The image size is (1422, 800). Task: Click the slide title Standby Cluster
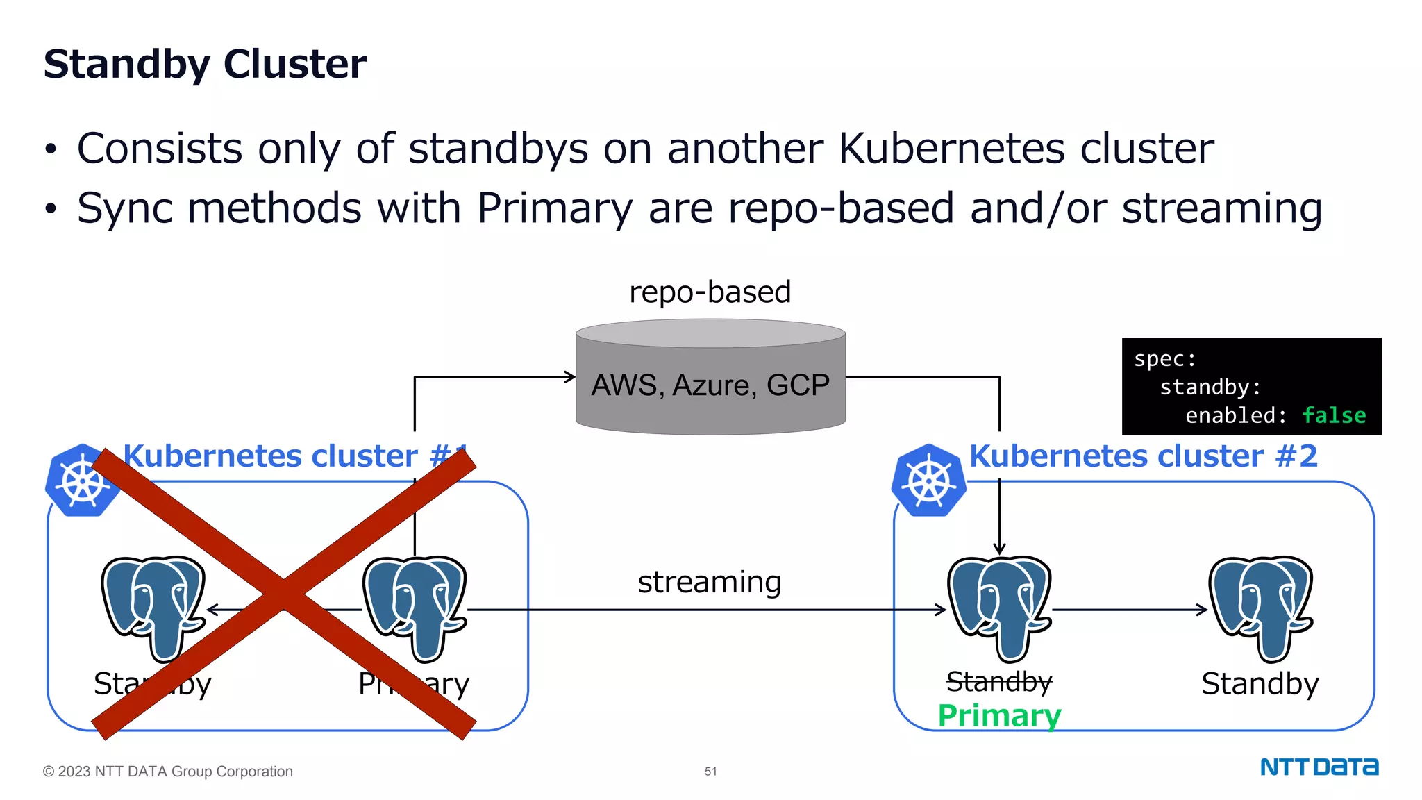click(x=205, y=64)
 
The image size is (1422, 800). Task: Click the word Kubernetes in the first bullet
click(x=951, y=148)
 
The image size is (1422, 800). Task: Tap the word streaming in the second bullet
click(x=1221, y=208)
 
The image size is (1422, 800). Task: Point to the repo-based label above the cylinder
click(x=710, y=292)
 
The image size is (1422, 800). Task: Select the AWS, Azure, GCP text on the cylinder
click(x=710, y=385)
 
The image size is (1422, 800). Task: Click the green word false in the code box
click(x=1333, y=415)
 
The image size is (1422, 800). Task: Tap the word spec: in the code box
click(x=1164, y=359)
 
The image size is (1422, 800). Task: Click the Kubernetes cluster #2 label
click(x=1143, y=456)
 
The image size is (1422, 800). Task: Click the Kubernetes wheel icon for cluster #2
click(x=928, y=481)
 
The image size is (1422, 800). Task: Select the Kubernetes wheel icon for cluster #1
click(x=82, y=481)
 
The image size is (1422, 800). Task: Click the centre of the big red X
click(x=283, y=594)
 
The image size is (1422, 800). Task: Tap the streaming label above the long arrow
click(x=710, y=582)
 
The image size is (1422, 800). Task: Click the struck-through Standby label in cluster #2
click(x=999, y=682)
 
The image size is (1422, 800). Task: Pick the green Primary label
click(x=999, y=715)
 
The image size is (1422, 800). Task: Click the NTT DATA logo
click(x=1319, y=767)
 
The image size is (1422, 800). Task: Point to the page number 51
click(x=710, y=771)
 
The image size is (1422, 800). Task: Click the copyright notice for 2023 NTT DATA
click(x=167, y=771)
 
